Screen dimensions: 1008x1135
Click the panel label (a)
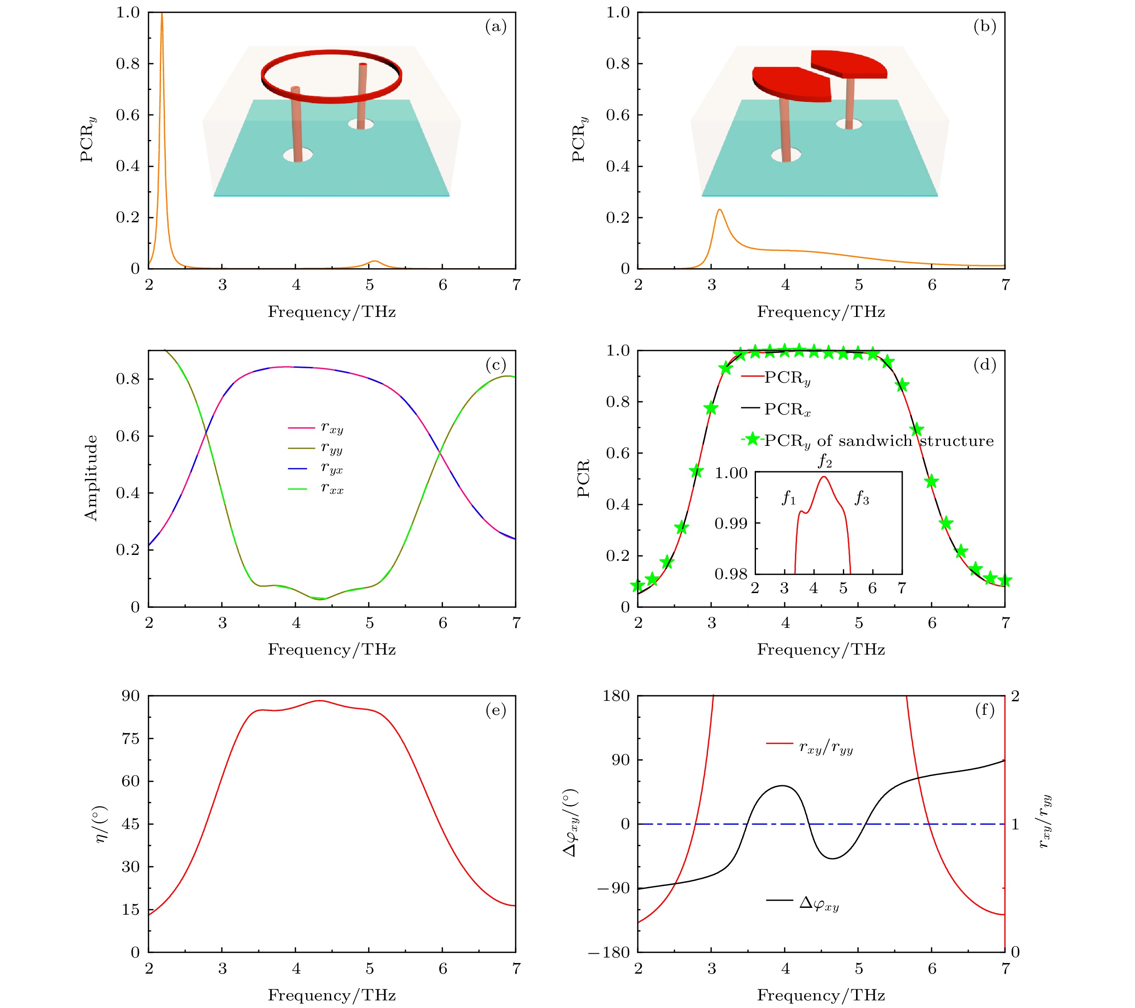pos(495,27)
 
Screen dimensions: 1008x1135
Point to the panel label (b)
pos(984,27)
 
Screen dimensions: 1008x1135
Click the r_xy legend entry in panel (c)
pos(332,428)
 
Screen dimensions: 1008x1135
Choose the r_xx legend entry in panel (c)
pos(332,489)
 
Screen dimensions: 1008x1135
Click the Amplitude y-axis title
pos(90,478)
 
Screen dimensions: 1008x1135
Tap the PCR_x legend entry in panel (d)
pos(787,409)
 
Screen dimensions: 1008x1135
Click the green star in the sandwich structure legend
pos(753,440)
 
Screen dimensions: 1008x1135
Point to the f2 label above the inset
pos(825,461)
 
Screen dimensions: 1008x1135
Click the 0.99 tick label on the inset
pos(731,524)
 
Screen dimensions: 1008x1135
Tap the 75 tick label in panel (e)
pos(131,739)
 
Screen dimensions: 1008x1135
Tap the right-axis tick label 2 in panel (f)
pos(1015,696)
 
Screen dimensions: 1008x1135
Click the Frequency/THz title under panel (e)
pos(332,995)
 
